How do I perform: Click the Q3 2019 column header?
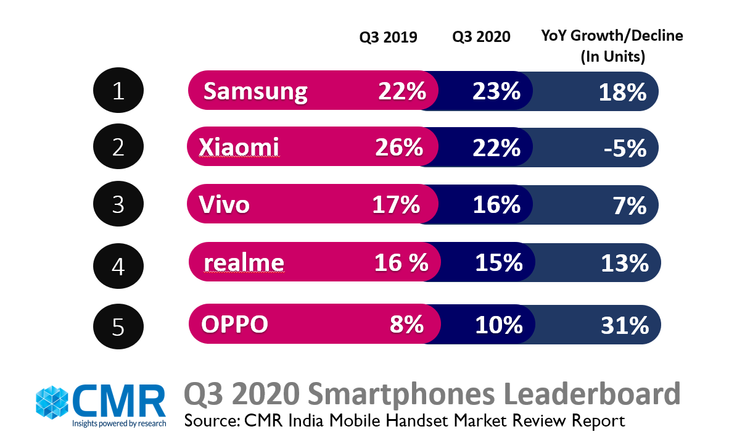[x=389, y=37]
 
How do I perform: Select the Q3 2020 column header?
[x=481, y=37]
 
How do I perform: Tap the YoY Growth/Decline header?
[x=612, y=46]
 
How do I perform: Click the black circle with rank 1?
[x=118, y=91]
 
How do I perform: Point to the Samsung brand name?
[x=255, y=92]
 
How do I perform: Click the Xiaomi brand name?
[x=239, y=148]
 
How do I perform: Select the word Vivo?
[x=224, y=204]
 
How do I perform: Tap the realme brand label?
[x=244, y=263]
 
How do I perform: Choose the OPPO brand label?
[x=234, y=323]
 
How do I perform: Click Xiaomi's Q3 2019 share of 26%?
[x=398, y=148]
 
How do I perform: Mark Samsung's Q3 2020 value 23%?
[x=496, y=92]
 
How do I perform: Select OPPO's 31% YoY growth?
[x=625, y=325]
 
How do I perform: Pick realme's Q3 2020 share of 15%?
[x=498, y=263]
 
